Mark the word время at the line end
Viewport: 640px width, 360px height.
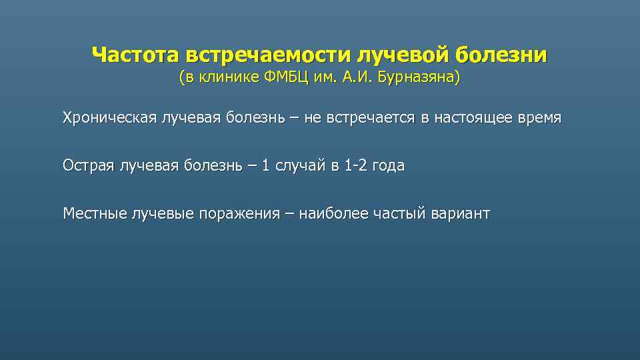pyautogui.click(x=539, y=118)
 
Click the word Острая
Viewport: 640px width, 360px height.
pyautogui.click(x=87, y=165)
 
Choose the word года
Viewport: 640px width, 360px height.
pyautogui.click(x=389, y=165)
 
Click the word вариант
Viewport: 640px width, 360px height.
pyautogui.click(x=461, y=213)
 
